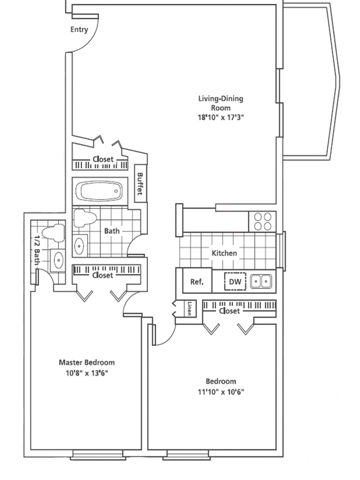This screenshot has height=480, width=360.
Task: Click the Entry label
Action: pyautogui.click(x=79, y=29)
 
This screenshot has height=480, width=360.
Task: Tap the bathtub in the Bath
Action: pyautogui.click(x=101, y=192)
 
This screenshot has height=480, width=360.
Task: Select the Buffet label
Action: pyautogui.click(x=140, y=183)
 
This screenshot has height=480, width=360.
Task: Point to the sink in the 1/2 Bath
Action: pyautogui.click(x=58, y=260)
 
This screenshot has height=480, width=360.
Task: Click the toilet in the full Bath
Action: pyautogui.click(x=85, y=218)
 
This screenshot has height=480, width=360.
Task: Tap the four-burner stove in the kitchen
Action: pyautogui.click(x=263, y=221)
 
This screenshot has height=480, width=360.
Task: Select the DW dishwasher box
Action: pyautogui.click(x=235, y=281)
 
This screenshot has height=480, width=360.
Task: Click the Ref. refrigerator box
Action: pyautogui.click(x=197, y=281)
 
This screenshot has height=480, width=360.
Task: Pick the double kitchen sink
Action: pyautogui.click(x=261, y=281)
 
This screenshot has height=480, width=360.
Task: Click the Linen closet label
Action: pyautogui.click(x=189, y=308)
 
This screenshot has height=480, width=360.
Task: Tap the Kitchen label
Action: pyautogui.click(x=224, y=253)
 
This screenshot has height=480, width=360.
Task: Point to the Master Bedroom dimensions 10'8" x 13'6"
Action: pyautogui.click(x=87, y=373)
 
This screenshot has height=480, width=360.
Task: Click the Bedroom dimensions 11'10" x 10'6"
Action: pyautogui.click(x=221, y=392)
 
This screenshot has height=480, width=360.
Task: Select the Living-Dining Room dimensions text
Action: pyautogui.click(x=221, y=117)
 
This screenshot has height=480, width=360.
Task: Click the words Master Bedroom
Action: pyautogui.click(x=87, y=363)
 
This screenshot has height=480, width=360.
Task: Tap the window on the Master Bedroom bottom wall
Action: pyautogui.click(x=98, y=455)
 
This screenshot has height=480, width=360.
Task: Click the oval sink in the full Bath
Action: pyautogui.click(x=79, y=245)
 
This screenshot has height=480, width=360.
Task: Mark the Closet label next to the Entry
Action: pyautogui.click(x=103, y=159)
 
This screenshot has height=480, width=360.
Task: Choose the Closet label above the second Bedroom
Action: pyautogui.click(x=229, y=311)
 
